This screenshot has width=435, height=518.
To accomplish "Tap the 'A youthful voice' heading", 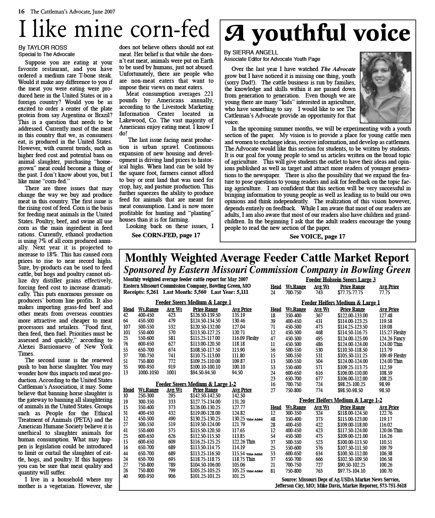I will click(317, 34).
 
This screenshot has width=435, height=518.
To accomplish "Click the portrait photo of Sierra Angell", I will click(385, 87).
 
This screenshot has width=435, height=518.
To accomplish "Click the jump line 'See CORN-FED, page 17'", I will click(166, 235).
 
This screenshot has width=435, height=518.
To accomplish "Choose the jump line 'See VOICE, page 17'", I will click(317, 236).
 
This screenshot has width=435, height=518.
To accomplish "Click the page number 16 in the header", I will click(21, 12).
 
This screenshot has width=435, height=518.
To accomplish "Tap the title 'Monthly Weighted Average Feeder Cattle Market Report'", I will click(267, 258).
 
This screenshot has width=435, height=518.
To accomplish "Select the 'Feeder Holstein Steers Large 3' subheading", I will click(341, 280).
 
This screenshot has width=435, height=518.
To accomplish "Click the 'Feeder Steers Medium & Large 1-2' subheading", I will click(196, 384).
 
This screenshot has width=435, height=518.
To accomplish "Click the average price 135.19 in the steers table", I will click(238, 315).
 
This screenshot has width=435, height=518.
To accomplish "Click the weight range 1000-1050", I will click(148, 373).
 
